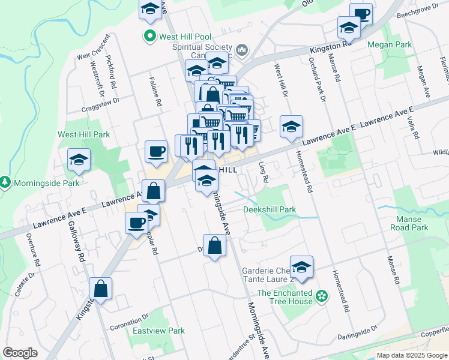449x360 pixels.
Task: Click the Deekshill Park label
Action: pyautogui.click(x=270, y=209)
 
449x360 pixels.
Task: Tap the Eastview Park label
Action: pyautogui.click(x=158, y=331)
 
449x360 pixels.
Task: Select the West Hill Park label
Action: pyautogui.click(x=83, y=134)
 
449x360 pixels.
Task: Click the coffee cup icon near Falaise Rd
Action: pyautogui.click(x=157, y=151)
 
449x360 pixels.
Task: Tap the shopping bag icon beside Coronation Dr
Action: pyautogui.click(x=101, y=289)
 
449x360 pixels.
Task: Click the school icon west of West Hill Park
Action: pyautogui.click(x=79, y=160)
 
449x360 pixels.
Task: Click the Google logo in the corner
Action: pyautogui.click(x=19, y=353)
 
